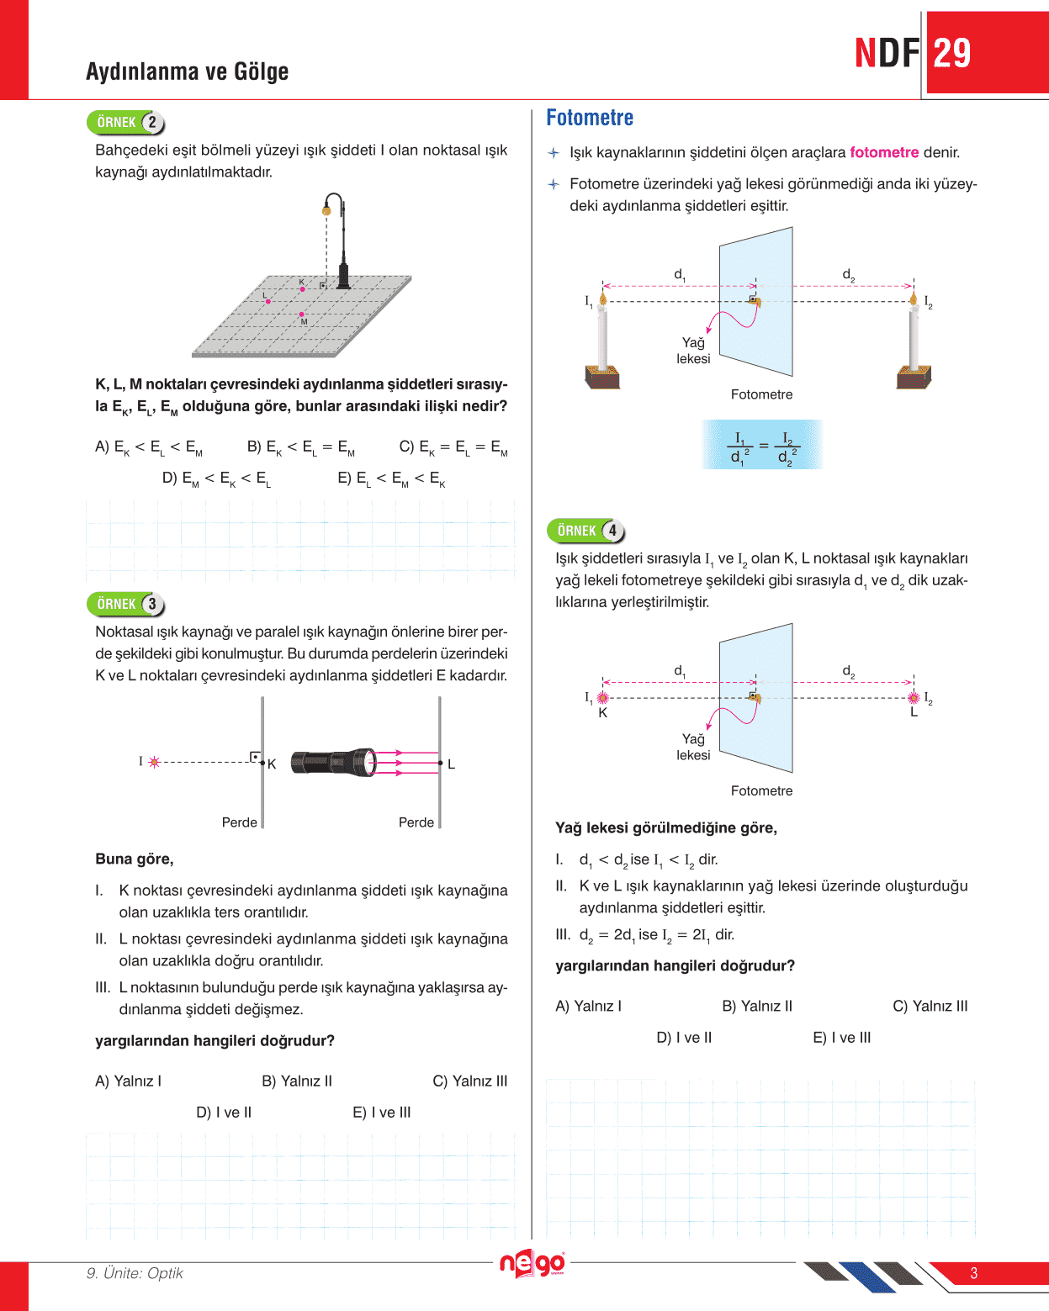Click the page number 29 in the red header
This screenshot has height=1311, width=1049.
click(x=952, y=54)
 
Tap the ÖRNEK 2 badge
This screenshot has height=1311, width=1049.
click(x=125, y=123)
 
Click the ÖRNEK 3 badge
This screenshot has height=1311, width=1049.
click(x=125, y=604)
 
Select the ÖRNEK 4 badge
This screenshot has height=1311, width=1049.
click(x=585, y=531)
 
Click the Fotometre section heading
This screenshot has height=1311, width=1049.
click(x=590, y=118)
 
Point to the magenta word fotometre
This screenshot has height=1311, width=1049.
click(x=884, y=152)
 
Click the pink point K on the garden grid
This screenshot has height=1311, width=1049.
click(x=303, y=289)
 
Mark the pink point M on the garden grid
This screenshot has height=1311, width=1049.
click(x=301, y=315)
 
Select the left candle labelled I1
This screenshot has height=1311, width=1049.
click(x=602, y=341)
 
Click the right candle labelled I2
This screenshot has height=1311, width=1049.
click(x=914, y=341)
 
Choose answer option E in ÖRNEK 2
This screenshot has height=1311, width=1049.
click(x=391, y=479)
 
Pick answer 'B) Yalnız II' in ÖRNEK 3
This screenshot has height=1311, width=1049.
click(x=297, y=1081)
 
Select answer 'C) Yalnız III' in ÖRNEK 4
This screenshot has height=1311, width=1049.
click(x=930, y=1006)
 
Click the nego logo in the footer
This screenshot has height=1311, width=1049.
click(x=532, y=1263)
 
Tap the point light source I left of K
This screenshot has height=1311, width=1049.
click(x=154, y=762)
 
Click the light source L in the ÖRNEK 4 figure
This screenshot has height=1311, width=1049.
click(x=914, y=698)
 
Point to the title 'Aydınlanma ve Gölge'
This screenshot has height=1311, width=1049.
click(x=187, y=71)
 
